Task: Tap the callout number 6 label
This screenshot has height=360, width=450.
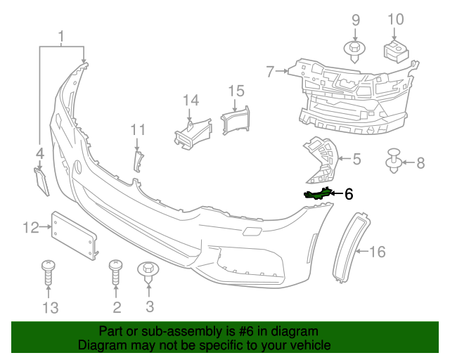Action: coord(349,194)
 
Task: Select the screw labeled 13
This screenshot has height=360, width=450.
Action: coord(48,274)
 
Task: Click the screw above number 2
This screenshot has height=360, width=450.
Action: coord(115,274)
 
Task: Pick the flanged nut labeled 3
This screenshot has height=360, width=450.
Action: coord(149,271)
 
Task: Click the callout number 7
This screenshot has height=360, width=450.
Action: coord(270,70)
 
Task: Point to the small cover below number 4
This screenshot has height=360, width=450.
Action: coord(41,181)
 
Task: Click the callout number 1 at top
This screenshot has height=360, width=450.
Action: coord(61,36)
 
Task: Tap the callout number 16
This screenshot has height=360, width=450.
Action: coord(378,251)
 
